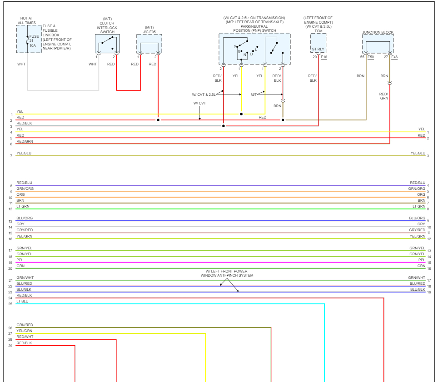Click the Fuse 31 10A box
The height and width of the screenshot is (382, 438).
(x=29, y=39)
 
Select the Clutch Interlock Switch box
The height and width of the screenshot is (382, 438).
(x=107, y=44)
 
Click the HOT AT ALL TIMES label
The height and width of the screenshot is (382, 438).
(x=27, y=20)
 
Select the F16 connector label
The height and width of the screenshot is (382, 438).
(x=324, y=57)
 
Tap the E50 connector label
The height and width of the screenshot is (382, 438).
(x=371, y=57)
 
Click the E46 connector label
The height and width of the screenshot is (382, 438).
(x=394, y=57)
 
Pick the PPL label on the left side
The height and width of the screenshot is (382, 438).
(x=20, y=260)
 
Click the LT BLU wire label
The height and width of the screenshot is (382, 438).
(x=22, y=301)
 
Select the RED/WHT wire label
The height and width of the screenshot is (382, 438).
(x=25, y=337)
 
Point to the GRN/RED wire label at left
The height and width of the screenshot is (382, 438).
(x=25, y=325)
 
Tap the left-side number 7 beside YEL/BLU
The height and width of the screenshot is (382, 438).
(x=10, y=156)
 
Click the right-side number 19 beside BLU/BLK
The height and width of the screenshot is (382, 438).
(x=428, y=292)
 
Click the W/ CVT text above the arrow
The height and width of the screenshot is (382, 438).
(x=199, y=103)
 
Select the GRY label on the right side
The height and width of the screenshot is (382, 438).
(x=421, y=224)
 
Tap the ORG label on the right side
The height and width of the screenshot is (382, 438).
(x=421, y=194)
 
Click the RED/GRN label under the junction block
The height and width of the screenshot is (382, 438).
(x=384, y=96)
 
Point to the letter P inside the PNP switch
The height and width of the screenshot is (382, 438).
(x=235, y=47)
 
